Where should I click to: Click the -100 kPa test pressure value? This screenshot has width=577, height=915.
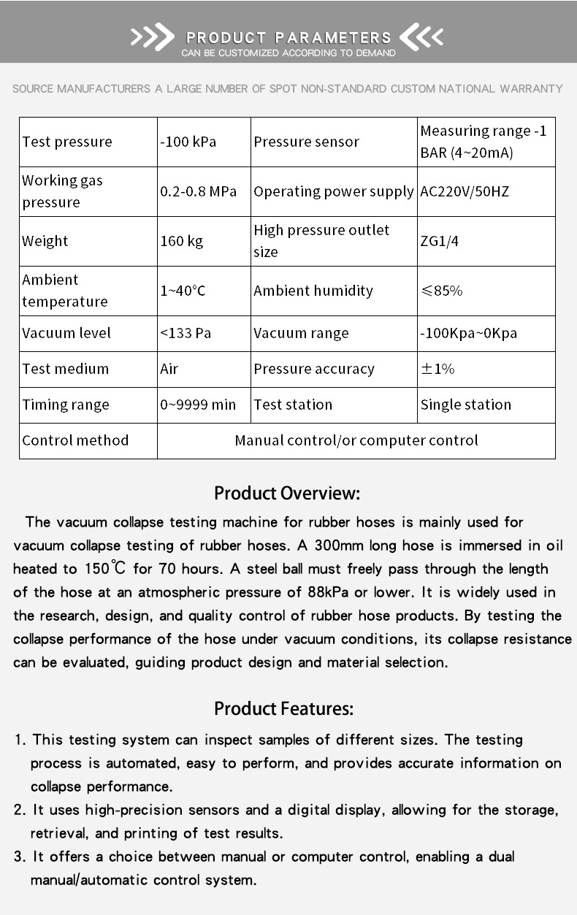[x=188, y=142]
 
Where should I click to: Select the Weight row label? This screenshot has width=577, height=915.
[x=45, y=241]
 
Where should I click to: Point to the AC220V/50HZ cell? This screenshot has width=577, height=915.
[x=465, y=191]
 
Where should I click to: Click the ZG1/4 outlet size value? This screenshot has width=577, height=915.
[x=440, y=241]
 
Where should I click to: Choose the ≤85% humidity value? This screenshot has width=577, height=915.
[x=442, y=291]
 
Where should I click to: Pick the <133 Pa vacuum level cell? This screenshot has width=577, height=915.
[x=186, y=333]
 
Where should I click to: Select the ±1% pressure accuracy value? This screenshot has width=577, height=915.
[x=437, y=369]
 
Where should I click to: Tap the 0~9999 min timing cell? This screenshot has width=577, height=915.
[x=198, y=405]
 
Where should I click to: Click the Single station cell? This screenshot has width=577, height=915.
[x=466, y=405]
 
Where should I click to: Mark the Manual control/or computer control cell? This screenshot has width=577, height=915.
[x=356, y=440]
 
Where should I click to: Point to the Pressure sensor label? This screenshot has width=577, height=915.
[x=307, y=142]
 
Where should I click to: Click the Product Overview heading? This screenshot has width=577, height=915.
[x=287, y=494]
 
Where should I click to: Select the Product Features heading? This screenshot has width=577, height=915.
[x=283, y=708]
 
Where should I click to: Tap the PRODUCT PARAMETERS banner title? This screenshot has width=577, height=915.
[x=288, y=37]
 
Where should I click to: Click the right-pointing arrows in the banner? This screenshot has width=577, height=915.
[x=152, y=37]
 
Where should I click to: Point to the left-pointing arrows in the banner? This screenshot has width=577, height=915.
[x=421, y=37]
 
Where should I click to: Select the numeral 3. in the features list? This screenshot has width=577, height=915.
[x=20, y=857]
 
